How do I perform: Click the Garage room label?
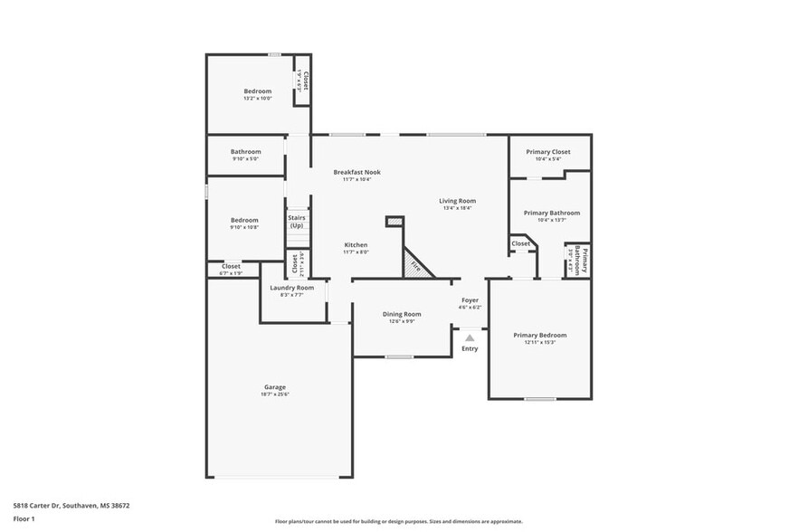[275, 386]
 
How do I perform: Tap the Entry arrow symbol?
[470, 337]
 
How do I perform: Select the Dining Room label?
[402, 314]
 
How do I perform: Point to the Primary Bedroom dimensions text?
[540, 342]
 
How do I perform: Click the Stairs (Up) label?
[296, 221]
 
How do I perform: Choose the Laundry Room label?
[292, 288]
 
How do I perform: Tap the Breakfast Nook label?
[356, 172]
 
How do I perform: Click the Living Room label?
[458, 201]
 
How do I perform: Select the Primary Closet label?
[548, 152]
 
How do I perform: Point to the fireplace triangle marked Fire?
[417, 265]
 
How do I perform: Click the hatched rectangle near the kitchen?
[394, 221]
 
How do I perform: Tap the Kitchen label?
[356, 245]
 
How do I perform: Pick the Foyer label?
[470, 299]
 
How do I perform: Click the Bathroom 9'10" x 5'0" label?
[245, 152]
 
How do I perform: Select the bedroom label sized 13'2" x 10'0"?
[257, 91]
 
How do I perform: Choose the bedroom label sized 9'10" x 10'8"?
[244, 220]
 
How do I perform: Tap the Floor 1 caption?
[24, 518]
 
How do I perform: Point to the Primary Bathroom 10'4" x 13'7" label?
[551, 213]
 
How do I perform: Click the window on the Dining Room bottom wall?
[399, 356]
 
